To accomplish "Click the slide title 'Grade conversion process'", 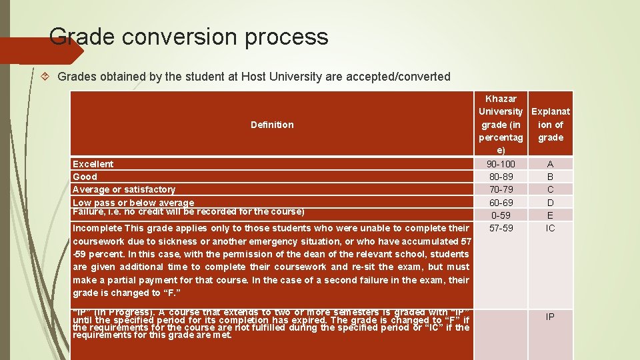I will (189, 36).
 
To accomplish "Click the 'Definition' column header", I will (272, 125).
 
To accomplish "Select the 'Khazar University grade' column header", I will (501, 125).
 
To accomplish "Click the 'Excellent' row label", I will (93, 164).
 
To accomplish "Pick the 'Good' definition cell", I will (85, 177).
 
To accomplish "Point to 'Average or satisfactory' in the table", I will (124, 189).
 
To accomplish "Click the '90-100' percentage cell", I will (501, 164).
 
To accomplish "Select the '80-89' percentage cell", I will (501, 177).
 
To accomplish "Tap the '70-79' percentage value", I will (501, 189).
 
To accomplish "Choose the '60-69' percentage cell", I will (501, 203).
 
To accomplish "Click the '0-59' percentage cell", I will (501, 215).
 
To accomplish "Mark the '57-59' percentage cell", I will (501, 228).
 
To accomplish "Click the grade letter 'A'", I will (550, 164).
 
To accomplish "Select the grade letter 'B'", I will (550, 177).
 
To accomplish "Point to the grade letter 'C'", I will (550, 189).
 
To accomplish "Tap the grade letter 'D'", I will (550, 203).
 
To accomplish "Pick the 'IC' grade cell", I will (550, 228).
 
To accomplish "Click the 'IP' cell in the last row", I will (550, 317).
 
